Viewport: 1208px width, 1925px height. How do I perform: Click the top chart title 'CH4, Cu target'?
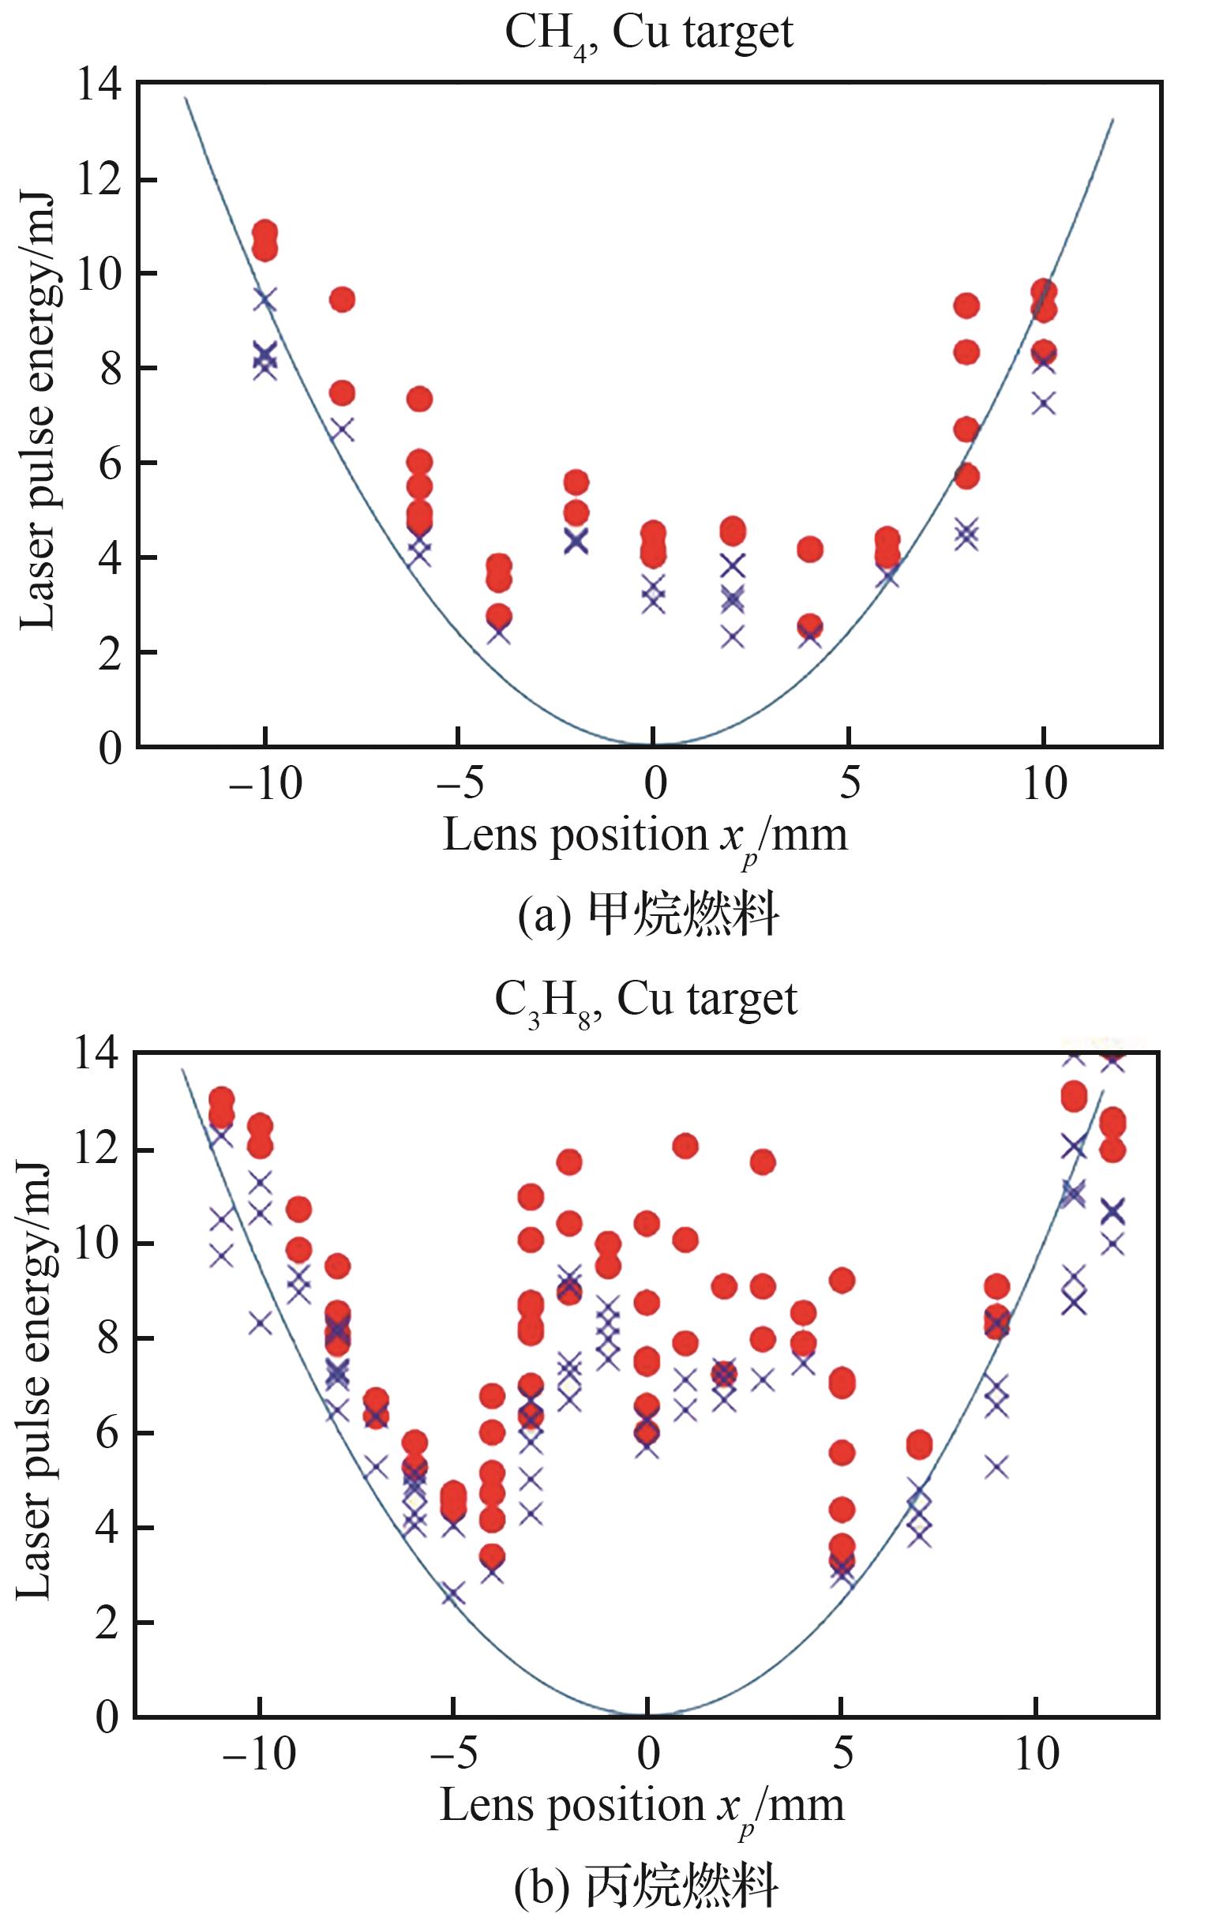pyautogui.click(x=649, y=33)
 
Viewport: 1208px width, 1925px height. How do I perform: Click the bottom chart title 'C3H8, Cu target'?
pyautogui.click(x=646, y=1000)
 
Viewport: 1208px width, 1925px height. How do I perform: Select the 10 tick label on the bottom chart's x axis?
pyautogui.click(x=1036, y=1755)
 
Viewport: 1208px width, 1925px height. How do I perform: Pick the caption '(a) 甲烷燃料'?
pyautogui.click(x=648, y=916)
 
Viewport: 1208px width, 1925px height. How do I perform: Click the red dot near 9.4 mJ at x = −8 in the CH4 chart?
pyautogui.click(x=342, y=299)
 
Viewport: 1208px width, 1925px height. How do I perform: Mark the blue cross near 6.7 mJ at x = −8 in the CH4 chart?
pyautogui.click(x=342, y=430)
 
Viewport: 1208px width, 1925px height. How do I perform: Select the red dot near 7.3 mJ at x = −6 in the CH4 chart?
pyautogui.click(x=419, y=399)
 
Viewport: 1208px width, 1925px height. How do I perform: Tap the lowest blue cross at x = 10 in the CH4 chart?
pyautogui.click(x=1044, y=403)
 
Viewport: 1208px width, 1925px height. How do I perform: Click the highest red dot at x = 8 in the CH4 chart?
pyautogui.click(x=966, y=305)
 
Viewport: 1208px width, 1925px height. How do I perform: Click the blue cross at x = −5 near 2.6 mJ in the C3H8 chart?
pyautogui.click(x=453, y=1594)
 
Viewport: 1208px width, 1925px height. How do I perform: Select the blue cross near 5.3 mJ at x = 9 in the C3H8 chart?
pyautogui.click(x=996, y=1466)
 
